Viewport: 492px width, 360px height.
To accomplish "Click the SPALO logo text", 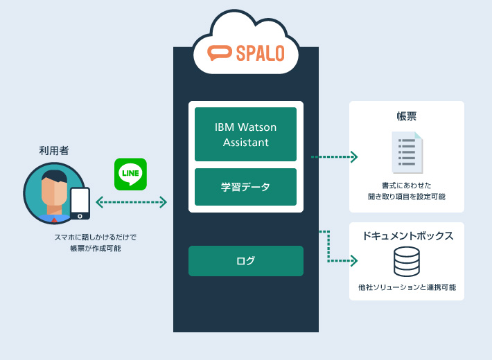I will [258, 53].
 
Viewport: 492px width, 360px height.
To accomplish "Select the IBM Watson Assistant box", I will [245, 134].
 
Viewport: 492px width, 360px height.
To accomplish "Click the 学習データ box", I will [245, 187].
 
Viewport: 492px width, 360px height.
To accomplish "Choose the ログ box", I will [245, 261].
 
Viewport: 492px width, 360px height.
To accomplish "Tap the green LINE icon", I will [130, 173].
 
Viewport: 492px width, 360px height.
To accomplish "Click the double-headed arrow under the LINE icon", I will [131, 202].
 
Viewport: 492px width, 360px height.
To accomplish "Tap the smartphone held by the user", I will [80, 202].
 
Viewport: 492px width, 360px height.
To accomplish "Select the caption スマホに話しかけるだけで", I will [95, 237].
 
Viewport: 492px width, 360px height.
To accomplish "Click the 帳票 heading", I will [406, 116].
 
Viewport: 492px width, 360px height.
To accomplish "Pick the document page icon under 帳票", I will [407, 152].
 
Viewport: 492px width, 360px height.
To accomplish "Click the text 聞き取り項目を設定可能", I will [407, 197].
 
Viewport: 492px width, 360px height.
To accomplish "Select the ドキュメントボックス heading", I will [407, 236].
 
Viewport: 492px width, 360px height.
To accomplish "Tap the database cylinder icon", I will [407, 261].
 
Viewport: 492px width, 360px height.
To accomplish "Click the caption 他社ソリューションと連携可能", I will [407, 287].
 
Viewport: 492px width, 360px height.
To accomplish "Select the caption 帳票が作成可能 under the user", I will [95, 249].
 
